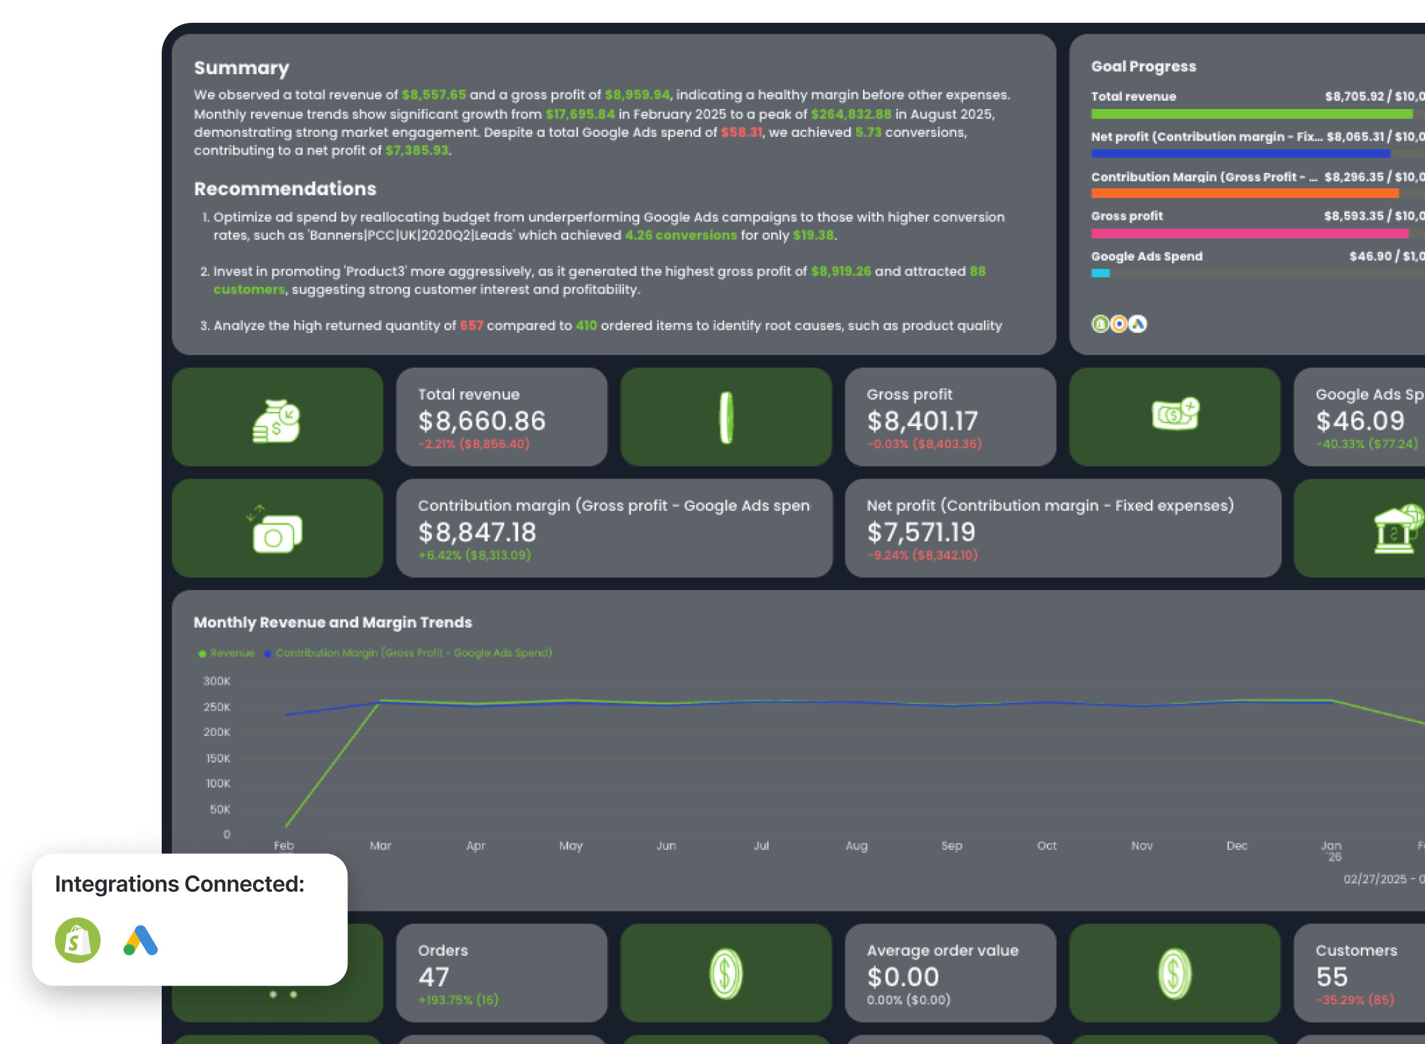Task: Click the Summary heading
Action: (241, 68)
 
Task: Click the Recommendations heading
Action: (285, 189)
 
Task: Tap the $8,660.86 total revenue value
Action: (481, 421)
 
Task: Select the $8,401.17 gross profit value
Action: (922, 421)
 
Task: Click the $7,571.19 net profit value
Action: (921, 532)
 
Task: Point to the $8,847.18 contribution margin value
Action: (477, 532)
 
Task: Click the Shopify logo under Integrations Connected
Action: (77, 940)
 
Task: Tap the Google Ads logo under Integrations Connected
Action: (141, 940)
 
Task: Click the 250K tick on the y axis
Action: (217, 707)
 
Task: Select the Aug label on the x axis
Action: (856, 846)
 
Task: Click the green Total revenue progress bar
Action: (1251, 114)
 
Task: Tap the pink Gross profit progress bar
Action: (1249, 233)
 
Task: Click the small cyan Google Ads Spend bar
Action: (1100, 273)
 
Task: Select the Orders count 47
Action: (434, 977)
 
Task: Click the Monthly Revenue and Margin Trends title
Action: (333, 622)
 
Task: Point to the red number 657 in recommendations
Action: (471, 326)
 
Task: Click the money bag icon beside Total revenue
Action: (277, 421)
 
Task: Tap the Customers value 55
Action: (1331, 977)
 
